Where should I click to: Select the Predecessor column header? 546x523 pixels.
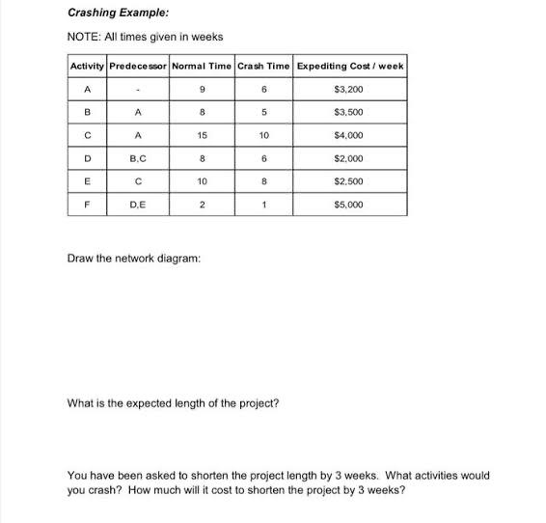137,66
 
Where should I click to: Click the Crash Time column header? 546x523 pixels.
262,66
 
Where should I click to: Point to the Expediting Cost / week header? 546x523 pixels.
349,66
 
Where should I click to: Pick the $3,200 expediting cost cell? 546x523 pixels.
349,89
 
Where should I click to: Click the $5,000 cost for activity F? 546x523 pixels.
349,206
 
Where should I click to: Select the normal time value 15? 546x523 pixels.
203,136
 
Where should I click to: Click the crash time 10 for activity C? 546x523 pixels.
262,136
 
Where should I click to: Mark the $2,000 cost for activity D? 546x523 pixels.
349,159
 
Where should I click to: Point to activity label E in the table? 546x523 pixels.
87,182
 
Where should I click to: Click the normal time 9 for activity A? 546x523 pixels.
203,89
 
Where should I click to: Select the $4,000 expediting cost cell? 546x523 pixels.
349,136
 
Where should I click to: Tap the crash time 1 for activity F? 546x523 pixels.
262,206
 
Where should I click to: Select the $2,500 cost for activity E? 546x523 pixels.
349,182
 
